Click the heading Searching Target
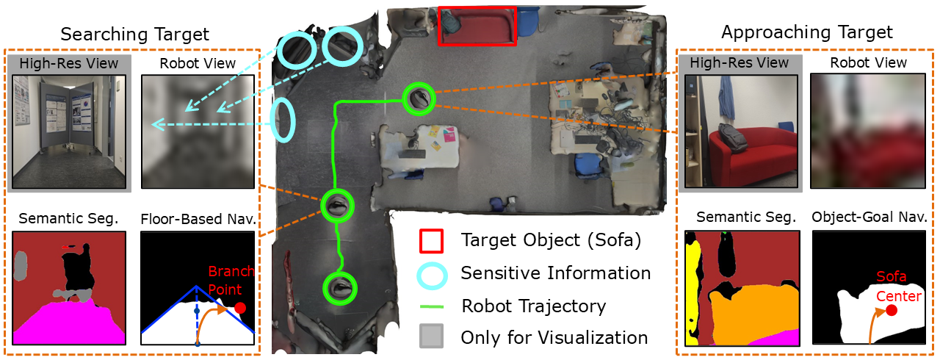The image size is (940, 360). pyautogui.click(x=134, y=34)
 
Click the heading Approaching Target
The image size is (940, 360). pyautogui.click(x=807, y=32)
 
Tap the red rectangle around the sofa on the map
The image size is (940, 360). pyautogui.click(x=477, y=26)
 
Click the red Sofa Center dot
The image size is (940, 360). pyautogui.click(x=892, y=311)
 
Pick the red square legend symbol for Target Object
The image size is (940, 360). pyautogui.click(x=430, y=240)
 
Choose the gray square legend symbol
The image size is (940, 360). pyautogui.click(x=430, y=337)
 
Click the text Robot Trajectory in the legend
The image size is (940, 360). pyautogui.click(x=533, y=306)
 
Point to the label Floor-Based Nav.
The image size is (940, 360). pyautogui.click(x=198, y=218)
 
